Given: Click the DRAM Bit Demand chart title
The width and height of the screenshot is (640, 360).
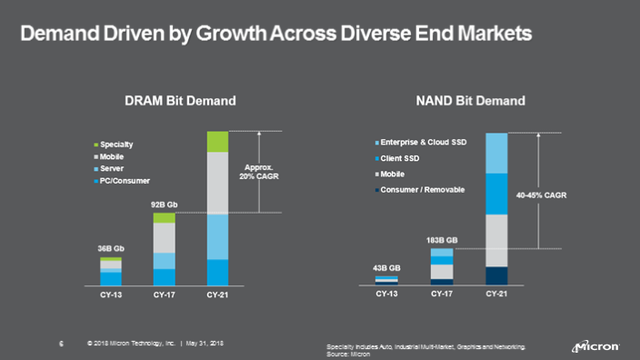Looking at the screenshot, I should coord(180,101).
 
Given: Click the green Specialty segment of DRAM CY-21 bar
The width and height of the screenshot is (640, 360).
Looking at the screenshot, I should coord(217,141).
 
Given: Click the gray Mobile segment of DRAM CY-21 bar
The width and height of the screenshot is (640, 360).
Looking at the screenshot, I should coord(217,183).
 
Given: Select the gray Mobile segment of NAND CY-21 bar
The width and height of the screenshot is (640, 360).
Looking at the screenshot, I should coord(497,239).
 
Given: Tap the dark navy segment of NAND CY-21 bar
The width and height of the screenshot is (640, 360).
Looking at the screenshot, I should coord(497,275).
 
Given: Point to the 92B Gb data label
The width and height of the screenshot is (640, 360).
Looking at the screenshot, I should coord(164,205).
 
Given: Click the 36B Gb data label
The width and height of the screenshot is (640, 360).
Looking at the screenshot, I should coord(110,248).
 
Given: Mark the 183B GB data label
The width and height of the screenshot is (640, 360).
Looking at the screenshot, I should coord(442,240).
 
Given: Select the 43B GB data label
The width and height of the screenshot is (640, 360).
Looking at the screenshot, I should coord(388,267).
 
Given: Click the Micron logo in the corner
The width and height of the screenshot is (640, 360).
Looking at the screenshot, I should coord(595,346).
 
